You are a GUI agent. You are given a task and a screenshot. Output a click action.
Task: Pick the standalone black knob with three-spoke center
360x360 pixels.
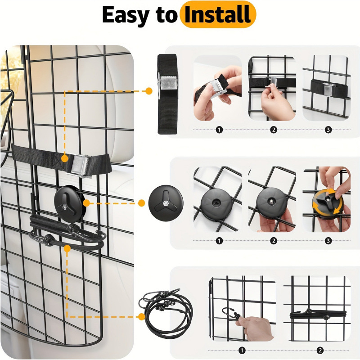click(x=166, y=203)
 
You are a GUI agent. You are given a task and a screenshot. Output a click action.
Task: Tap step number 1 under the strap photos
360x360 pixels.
click(x=219, y=130)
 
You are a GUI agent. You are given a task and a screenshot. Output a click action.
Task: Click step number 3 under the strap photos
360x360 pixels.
click(x=328, y=130)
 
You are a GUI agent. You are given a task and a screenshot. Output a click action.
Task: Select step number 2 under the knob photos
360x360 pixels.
click(x=274, y=241)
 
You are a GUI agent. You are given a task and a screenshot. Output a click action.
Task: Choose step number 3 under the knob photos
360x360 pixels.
click(x=328, y=241)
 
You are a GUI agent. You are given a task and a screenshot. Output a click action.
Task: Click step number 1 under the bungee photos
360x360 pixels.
click(x=242, y=350)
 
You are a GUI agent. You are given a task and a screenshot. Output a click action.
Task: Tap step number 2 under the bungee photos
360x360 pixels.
click(x=320, y=350)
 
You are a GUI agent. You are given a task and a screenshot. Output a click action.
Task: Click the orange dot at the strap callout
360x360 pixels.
click(x=149, y=91)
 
